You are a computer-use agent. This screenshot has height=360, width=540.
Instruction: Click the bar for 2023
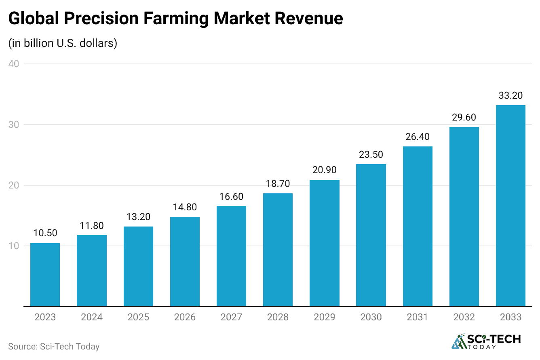coord(45,275)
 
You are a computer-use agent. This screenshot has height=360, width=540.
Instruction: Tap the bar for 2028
coord(278,250)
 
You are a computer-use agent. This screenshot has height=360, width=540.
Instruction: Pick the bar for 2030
coord(371,235)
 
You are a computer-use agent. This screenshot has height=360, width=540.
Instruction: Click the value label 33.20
coord(510,96)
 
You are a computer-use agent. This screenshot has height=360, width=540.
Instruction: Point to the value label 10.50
coord(45,233)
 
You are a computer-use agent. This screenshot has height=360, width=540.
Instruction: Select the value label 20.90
coord(324,170)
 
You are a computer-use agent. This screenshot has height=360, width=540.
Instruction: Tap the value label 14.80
coord(185,207)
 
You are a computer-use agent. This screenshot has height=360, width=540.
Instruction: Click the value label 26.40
coord(418,137)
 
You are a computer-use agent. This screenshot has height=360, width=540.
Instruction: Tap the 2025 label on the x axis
coord(138,317)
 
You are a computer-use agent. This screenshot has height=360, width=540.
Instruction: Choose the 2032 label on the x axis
coord(464,317)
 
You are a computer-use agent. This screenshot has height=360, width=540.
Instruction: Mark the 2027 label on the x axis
coord(231,317)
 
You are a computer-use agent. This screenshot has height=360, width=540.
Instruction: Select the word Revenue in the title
coord(307,19)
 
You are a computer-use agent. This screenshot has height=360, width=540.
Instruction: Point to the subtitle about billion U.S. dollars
coord(63,43)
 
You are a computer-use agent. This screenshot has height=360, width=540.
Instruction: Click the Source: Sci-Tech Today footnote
coord(54,347)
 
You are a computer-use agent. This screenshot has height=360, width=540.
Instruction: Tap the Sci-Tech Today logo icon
coord(458,342)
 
